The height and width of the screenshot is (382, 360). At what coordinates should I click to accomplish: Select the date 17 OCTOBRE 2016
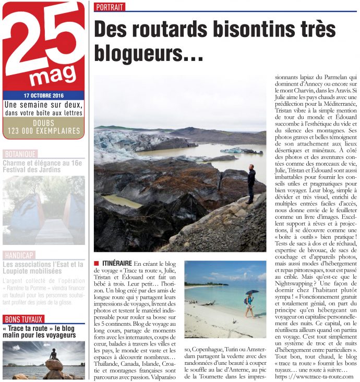44,96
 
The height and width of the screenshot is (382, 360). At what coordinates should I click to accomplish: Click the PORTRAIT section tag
110,7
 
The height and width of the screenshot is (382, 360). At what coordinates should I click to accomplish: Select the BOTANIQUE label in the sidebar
20,154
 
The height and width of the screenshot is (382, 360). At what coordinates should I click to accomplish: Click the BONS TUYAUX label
23,319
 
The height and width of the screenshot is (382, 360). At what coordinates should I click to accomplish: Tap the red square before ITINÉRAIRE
97,265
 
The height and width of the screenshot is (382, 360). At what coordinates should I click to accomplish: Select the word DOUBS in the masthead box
44,122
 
